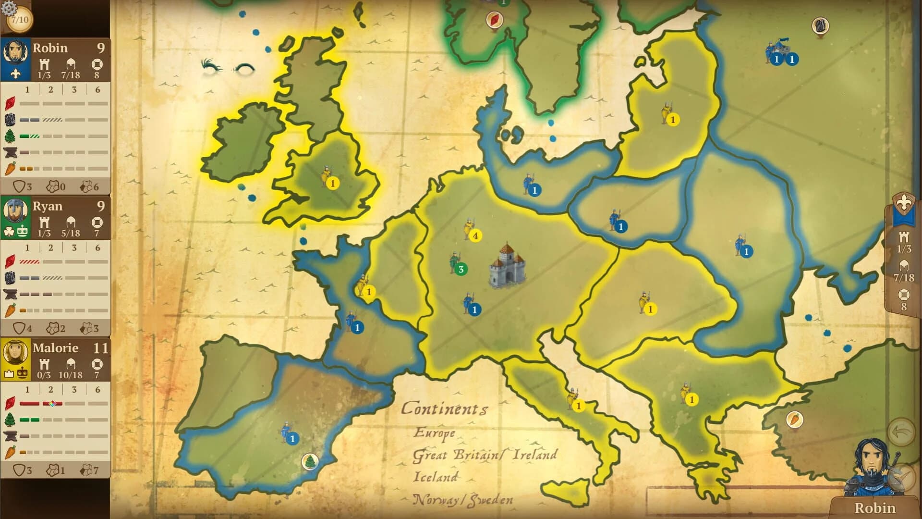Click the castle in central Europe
pos(507,265)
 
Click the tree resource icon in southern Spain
pos(310,462)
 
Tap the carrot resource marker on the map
pos(794,420)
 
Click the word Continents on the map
pos(444,408)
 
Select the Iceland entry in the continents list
pos(435,477)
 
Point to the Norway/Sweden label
pos(462,500)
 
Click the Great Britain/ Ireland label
pos(485,455)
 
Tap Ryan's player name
pos(48,206)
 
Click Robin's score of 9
pos(100,48)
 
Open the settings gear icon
pos(9,8)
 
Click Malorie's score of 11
pos(100,348)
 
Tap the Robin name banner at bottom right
pos(874,508)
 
